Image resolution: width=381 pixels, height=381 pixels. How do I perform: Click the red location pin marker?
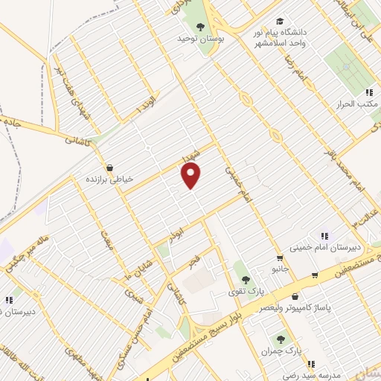(191, 176)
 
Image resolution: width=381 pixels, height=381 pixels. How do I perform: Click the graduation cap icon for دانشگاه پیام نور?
(279, 21)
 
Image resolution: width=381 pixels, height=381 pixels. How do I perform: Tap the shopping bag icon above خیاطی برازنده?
(110, 168)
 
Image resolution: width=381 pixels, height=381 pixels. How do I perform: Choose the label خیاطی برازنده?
(110, 180)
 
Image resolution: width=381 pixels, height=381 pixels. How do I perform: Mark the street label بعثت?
(106, 238)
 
